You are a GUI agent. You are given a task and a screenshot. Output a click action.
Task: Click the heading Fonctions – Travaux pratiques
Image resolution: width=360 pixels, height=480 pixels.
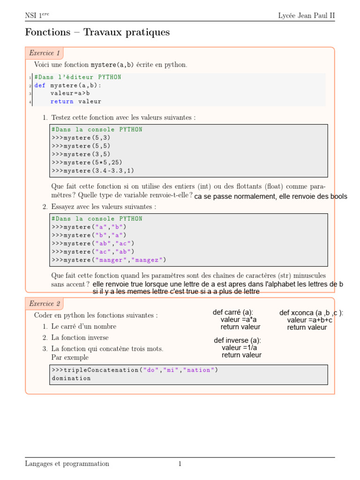point(97,32)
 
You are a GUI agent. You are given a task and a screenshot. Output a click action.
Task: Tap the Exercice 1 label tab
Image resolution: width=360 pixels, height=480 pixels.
point(44,53)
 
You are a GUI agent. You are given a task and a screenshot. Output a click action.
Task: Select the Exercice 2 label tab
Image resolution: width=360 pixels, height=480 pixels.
point(44,304)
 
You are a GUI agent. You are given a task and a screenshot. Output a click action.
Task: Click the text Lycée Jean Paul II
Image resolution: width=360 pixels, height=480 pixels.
point(307,15)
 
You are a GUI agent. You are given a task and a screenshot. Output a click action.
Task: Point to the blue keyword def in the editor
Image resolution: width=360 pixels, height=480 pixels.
point(40,85)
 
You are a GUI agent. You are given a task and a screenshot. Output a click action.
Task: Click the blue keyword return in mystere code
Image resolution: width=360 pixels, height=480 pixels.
point(62,101)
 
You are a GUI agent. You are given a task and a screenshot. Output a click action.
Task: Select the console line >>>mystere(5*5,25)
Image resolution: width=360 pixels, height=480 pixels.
point(87,162)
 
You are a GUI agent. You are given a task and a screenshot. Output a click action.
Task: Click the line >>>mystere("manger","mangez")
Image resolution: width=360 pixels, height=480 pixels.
point(109,260)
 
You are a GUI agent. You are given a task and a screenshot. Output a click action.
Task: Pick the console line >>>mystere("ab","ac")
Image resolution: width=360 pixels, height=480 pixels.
point(93,243)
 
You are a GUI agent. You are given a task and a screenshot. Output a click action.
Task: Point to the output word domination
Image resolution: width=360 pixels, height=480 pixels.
point(71,378)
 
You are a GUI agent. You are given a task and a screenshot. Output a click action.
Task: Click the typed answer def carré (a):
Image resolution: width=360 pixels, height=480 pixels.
point(233,312)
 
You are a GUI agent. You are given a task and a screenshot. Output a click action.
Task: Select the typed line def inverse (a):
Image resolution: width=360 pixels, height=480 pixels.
point(238,340)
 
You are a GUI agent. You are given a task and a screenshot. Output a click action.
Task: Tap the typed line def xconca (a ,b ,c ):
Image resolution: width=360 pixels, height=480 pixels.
point(311,313)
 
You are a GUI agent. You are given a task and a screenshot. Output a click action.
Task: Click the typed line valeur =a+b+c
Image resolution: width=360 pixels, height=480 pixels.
point(310,320)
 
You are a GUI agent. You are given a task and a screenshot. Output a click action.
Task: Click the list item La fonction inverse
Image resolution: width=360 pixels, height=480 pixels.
point(80,337)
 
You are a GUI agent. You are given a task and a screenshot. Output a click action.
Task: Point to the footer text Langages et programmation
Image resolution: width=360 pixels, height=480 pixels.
point(67,464)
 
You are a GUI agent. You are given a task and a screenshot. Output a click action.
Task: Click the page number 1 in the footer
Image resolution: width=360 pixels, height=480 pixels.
point(180,464)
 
